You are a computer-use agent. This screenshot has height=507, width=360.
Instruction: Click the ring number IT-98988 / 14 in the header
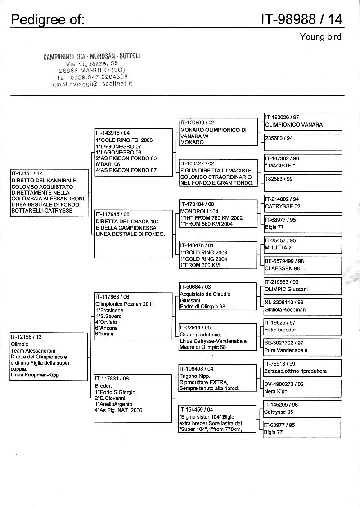pyautogui.click(x=301, y=19)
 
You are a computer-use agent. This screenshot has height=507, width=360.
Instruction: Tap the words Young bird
pyautogui.click(x=320, y=37)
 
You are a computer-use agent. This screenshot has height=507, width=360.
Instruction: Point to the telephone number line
pyautogui.click(x=92, y=77)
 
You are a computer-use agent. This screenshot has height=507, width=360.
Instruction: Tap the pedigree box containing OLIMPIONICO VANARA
pyautogui.click(x=302, y=122)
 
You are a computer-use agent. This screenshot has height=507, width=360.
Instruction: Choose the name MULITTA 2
pyautogui.click(x=278, y=247)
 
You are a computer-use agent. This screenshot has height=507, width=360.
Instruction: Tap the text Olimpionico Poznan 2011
pyautogui.click(x=125, y=304)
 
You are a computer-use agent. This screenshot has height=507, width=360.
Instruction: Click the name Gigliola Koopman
pyautogui.click(x=285, y=309)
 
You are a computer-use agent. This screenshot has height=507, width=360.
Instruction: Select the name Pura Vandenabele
pyautogui.click(x=286, y=350)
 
